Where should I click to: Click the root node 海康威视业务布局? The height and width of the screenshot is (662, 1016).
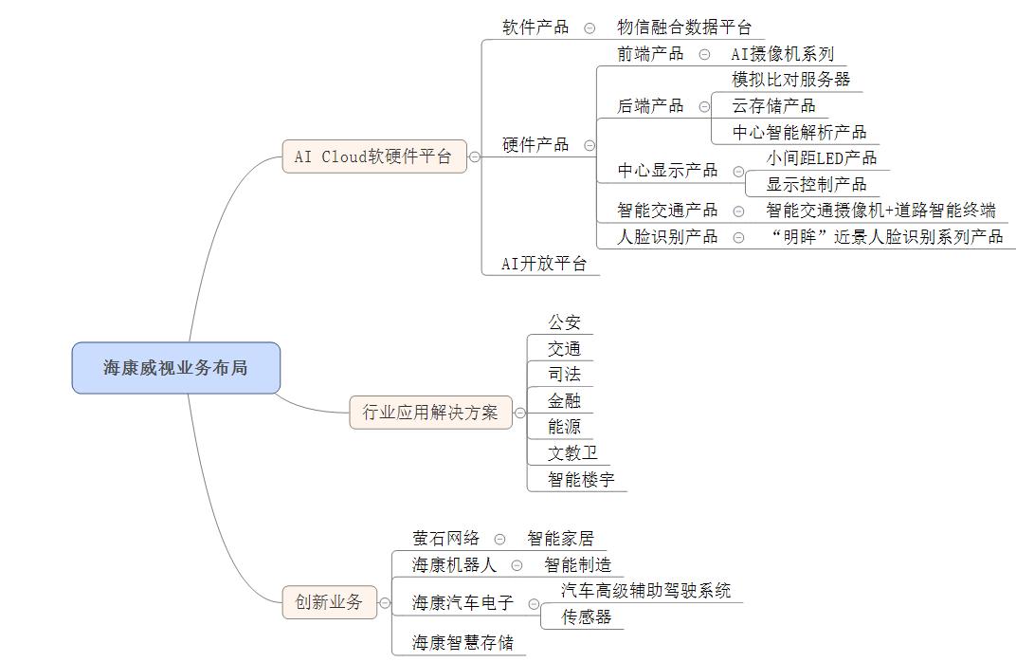click(176, 368)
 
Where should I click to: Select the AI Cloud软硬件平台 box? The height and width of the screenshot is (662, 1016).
click(373, 157)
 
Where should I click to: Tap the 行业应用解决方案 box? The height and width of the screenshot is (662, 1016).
click(430, 413)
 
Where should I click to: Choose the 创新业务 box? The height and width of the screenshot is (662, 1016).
click(328, 601)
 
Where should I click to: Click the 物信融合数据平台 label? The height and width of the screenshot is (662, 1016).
click(683, 28)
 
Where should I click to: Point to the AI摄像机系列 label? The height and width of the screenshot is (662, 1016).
click(783, 54)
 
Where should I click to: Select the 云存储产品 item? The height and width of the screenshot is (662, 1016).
click(773, 105)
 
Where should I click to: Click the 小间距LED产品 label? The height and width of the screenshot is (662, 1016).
click(822, 157)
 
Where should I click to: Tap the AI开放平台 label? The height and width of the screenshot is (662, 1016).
click(543, 265)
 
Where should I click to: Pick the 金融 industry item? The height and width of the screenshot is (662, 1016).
click(564, 401)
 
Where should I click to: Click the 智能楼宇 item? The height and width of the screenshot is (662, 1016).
click(581, 480)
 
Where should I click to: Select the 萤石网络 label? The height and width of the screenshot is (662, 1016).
click(445, 539)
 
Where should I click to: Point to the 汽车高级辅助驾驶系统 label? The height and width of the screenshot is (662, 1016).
click(645, 591)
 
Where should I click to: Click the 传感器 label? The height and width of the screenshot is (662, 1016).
click(587, 617)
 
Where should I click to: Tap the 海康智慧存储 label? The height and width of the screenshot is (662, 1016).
click(463, 643)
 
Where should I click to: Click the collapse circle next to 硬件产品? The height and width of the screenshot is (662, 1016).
click(590, 145)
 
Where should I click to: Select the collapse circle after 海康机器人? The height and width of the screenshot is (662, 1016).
click(517, 565)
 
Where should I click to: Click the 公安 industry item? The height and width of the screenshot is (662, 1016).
click(564, 322)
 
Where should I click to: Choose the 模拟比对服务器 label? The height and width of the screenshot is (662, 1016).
click(790, 80)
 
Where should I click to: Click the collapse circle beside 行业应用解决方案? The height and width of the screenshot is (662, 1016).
click(520, 413)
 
